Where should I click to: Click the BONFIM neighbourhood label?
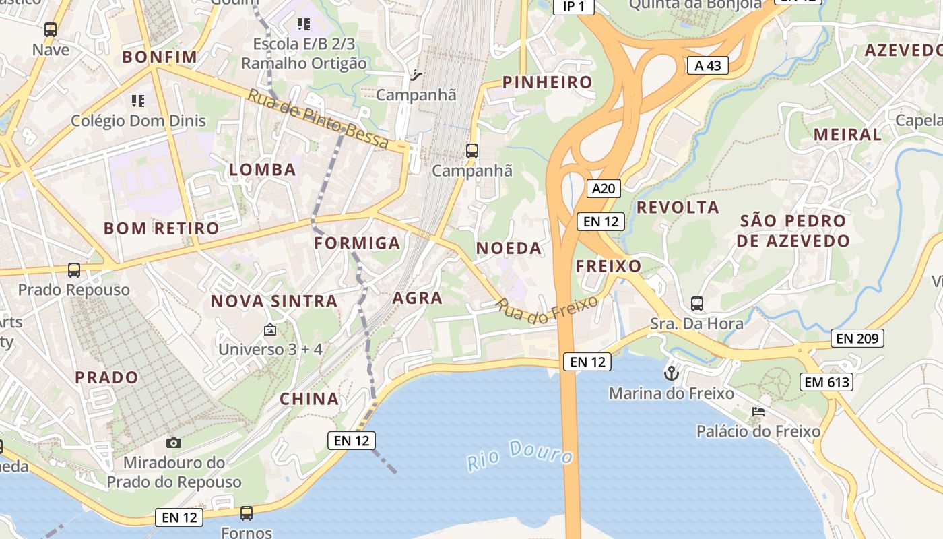click(x=160, y=57)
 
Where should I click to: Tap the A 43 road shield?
click(x=708, y=65)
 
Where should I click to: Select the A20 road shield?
click(x=603, y=189)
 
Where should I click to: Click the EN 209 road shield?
click(x=858, y=338)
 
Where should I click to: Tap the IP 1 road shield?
click(x=574, y=7)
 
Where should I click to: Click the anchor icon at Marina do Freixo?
click(x=671, y=373)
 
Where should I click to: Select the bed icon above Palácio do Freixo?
click(x=758, y=411)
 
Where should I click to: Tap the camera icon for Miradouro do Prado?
click(x=174, y=443)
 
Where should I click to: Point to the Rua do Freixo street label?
click(x=547, y=309)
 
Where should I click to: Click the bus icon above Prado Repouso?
click(x=74, y=270)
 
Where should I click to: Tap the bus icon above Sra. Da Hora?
click(x=697, y=304)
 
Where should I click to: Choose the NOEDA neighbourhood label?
click(x=509, y=249)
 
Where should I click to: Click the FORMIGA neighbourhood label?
click(x=357, y=243)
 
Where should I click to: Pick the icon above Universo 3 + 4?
click(x=270, y=329)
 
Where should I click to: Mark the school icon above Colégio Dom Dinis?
click(x=138, y=102)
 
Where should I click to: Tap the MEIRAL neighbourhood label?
click(x=847, y=135)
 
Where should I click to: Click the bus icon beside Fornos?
click(x=247, y=513)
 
